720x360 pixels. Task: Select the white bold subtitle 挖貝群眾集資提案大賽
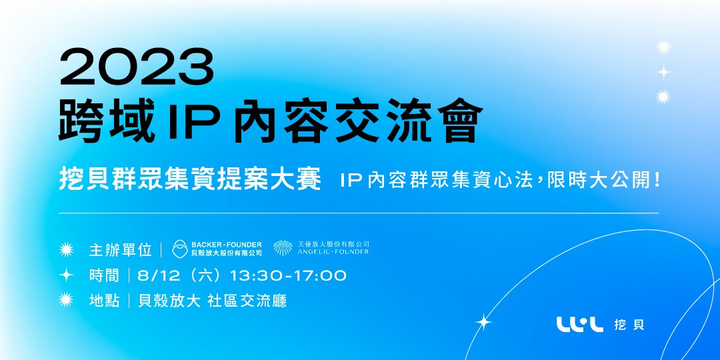point(190,180)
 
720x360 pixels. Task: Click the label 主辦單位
point(121,250)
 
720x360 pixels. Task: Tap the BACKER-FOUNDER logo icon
point(180,249)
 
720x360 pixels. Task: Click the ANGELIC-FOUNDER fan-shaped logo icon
point(283,248)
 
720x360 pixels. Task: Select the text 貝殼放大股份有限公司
point(226,253)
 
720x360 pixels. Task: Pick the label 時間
point(104,275)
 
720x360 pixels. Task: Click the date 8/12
point(154,275)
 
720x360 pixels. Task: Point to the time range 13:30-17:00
point(288,275)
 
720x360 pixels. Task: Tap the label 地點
point(104,301)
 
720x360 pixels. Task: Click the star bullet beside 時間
point(66,275)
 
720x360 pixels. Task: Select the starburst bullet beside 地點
point(66,301)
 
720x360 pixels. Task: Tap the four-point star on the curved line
point(483,323)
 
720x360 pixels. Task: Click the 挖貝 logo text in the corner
point(630,325)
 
